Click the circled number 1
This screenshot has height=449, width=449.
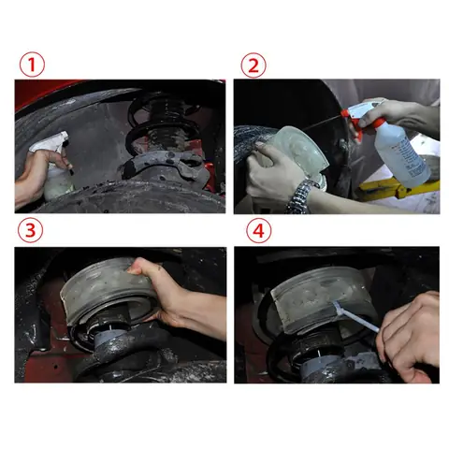[32, 65]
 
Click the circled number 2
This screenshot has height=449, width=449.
[253, 65]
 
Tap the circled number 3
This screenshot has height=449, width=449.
[30, 230]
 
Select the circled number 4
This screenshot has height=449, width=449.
[258, 231]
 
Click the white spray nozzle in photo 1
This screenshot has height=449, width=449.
[51, 142]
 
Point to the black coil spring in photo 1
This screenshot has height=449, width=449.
[162, 124]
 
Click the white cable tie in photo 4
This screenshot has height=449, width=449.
[355, 315]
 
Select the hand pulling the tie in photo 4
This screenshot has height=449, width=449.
[409, 337]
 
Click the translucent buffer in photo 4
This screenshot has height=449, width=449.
[318, 299]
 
